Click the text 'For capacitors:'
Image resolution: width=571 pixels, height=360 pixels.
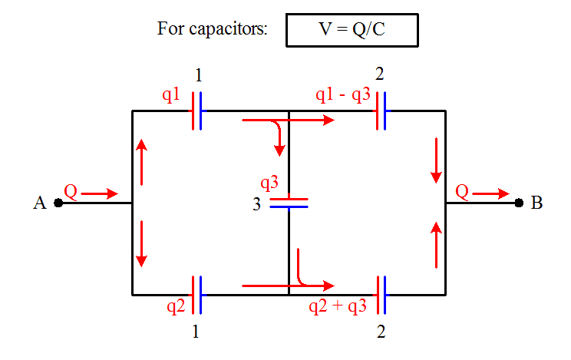212,30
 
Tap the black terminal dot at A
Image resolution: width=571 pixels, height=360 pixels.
58,203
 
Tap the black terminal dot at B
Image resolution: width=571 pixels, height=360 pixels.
520,203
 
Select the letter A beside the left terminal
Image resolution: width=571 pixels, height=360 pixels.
40,203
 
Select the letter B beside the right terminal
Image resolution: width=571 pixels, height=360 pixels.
537,203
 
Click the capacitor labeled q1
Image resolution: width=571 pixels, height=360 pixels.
197,111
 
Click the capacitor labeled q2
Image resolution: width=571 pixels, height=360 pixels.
197,295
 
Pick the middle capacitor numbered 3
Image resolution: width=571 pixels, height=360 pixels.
289,203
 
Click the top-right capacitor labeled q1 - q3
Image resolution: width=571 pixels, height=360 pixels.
381,111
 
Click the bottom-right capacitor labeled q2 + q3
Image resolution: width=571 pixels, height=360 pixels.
381,295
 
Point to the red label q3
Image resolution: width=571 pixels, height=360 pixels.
269,183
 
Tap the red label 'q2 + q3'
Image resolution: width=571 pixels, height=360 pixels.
338,307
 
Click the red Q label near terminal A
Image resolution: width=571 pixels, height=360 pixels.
70,190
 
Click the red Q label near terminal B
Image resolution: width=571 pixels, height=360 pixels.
462,190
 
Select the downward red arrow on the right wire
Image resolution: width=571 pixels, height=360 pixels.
437,160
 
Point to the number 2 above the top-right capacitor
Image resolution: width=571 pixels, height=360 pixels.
381,74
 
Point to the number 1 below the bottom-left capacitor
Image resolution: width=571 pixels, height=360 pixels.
197,333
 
